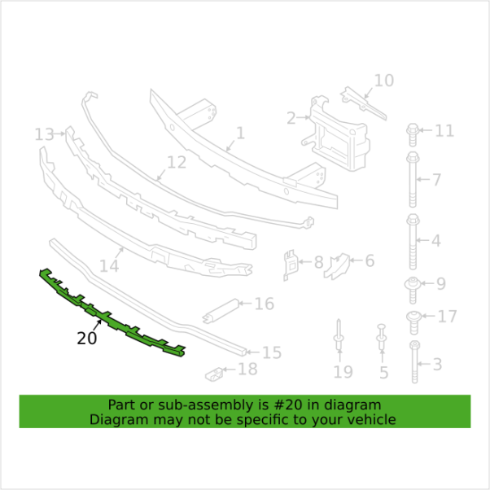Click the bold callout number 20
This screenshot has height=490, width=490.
point(86,339)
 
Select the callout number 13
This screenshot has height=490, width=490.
point(44,134)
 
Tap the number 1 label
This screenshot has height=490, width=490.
point(240,133)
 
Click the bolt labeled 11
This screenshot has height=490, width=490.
point(413,134)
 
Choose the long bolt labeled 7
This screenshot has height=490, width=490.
point(413,179)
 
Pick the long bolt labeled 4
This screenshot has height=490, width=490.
point(413,242)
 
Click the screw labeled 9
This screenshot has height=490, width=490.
point(413,290)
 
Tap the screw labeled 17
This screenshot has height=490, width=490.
point(414,322)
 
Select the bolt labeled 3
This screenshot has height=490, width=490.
point(414,362)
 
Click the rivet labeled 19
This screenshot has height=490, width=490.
point(339,335)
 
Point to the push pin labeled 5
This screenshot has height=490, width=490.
point(382,337)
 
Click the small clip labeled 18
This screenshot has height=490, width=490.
point(214,374)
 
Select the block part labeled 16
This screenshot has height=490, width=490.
point(221,311)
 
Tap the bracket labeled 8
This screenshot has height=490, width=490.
point(290,265)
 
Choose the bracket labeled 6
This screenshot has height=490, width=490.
point(336,266)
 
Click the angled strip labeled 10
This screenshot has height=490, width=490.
point(364,103)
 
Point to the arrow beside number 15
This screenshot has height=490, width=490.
point(252,352)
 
